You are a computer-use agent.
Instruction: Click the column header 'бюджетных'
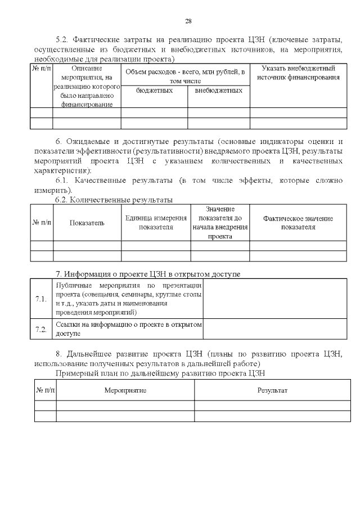pyautogui.click(x=154, y=90)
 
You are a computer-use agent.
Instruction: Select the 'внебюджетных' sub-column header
pyautogui.click(x=218, y=90)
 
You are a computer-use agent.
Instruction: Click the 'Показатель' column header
pyautogui.click(x=87, y=223)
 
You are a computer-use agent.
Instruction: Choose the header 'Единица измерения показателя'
pyautogui.click(x=156, y=223)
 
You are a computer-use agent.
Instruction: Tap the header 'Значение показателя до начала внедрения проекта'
pyautogui.click(x=220, y=223)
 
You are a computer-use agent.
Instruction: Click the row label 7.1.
pyautogui.click(x=41, y=298)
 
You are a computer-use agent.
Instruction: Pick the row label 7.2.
pyautogui.click(x=41, y=329)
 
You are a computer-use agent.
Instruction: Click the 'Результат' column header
pyautogui.click(x=272, y=390)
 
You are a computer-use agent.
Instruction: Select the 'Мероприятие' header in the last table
pyautogui.click(x=125, y=390)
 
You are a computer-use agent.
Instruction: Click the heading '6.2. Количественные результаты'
pyautogui.click(x=113, y=200)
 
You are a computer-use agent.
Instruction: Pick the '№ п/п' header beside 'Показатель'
pyautogui.click(x=41, y=223)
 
